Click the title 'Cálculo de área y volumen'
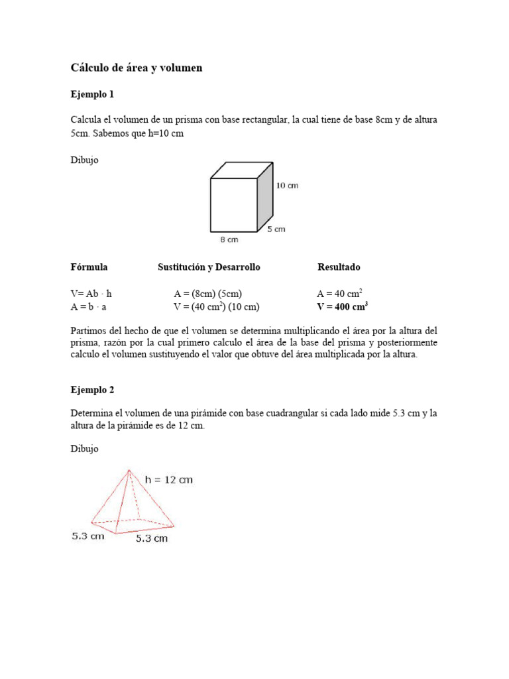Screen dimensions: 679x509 (x=137, y=68)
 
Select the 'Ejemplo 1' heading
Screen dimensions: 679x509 (x=93, y=94)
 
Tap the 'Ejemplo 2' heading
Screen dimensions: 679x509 (x=93, y=390)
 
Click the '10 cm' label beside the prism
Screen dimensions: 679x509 (x=287, y=186)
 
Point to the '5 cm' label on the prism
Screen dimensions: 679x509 (x=276, y=229)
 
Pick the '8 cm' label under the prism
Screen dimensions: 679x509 (x=229, y=239)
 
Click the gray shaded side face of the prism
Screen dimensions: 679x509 (x=265, y=195)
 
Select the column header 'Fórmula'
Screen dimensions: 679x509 (x=89, y=267)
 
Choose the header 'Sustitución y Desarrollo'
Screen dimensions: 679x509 (x=209, y=267)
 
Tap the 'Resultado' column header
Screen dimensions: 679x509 (x=339, y=267)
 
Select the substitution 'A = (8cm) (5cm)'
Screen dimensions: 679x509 (x=208, y=294)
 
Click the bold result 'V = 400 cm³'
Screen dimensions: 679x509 (x=343, y=306)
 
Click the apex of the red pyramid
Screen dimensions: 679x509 (x=129, y=470)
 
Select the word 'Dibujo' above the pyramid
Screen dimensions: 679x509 (x=85, y=449)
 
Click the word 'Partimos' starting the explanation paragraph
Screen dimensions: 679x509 (x=89, y=330)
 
